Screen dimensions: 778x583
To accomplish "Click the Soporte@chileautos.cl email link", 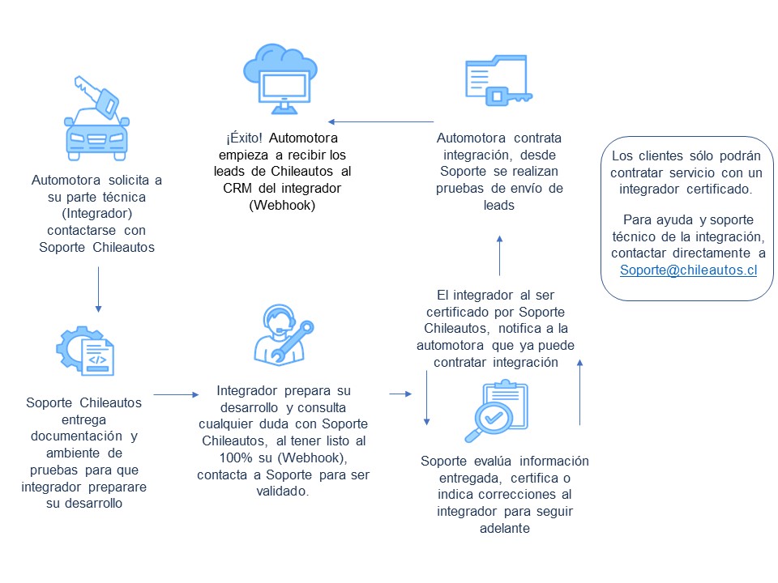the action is pos(688,270).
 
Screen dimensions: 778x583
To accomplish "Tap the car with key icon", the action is pos(96,118).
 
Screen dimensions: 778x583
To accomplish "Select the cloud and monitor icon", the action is pos(280,79).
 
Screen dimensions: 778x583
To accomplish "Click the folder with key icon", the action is pos(498,80).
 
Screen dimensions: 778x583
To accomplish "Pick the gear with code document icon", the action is pos(85,351).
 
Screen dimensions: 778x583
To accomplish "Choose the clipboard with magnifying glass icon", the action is pos(496,411).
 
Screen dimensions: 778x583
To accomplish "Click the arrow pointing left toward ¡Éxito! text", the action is pos(381,121).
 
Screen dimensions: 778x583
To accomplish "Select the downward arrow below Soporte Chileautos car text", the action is pos(98,290).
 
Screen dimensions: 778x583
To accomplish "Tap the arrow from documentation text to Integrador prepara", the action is pos(176,394).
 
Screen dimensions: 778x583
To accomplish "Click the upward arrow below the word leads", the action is pos(500,255).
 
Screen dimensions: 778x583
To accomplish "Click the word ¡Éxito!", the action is pos(244,138).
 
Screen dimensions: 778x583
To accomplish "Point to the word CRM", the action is pos(237,189).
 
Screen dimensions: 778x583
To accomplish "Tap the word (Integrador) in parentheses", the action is pos(97,214).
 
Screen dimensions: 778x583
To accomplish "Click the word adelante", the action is pos(505,529).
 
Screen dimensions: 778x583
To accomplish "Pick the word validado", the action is pos(283,492).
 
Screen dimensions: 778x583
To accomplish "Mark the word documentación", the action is pos(76,436).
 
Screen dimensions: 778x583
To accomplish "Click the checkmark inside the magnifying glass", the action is pos(494,418).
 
